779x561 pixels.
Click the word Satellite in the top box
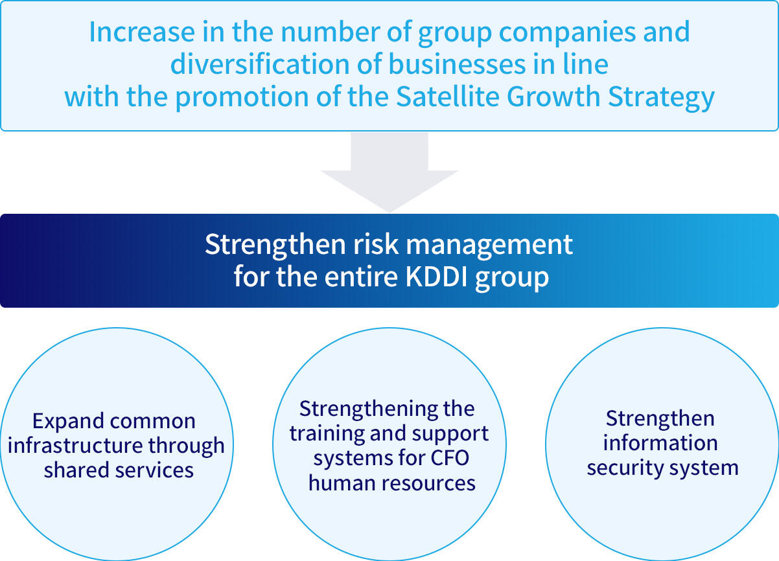tap(448, 97)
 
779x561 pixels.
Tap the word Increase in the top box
tap(142, 32)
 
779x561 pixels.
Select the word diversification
tap(260, 64)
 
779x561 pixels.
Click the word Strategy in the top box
tap(661, 98)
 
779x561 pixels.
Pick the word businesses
tap(457, 64)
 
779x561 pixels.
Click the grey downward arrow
tap(389, 172)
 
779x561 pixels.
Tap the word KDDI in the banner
tap(436, 277)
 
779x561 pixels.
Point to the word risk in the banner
tap(376, 244)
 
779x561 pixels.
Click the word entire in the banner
tap(361, 277)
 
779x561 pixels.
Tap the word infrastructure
tap(75, 445)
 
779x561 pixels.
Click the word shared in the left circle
tap(76, 470)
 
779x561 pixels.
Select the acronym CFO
tap(450, 458)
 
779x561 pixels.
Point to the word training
tap(326, 435)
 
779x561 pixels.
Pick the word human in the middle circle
tap(342, 483)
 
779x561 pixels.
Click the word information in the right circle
tap(660, 443)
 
